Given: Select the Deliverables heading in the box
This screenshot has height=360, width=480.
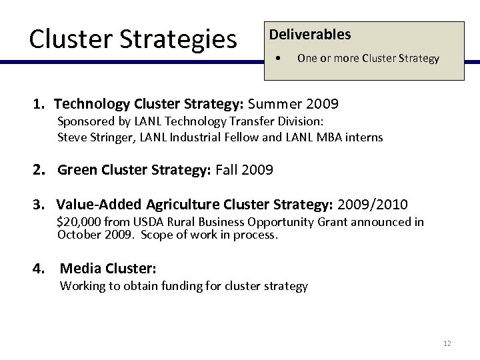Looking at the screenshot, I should point(309,35).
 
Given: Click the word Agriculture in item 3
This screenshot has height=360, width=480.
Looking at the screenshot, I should point(200,203).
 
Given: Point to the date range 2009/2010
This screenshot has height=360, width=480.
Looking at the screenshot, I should point(374,203).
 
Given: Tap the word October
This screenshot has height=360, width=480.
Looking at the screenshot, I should point(79,235).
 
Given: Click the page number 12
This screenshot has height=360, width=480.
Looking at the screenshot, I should point(447,344).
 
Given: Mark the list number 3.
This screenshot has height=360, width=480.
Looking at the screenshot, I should point(41,203).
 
